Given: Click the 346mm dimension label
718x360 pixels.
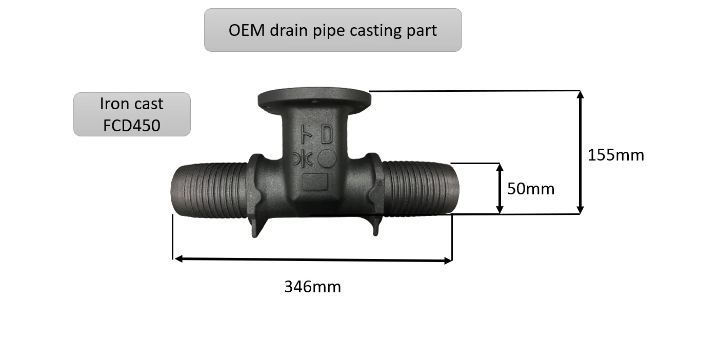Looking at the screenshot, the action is point(312,286).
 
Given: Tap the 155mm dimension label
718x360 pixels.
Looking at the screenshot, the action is point(615,155).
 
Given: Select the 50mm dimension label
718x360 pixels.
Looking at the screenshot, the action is point(531,189).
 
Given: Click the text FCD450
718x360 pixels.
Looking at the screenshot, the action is point(132,125).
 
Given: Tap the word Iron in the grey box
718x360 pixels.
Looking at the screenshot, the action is point(114,104).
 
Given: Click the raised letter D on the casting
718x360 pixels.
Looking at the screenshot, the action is point(326,135).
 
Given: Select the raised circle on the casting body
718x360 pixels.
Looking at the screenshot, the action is point(327,159).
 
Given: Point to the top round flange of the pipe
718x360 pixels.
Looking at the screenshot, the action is point(314,98).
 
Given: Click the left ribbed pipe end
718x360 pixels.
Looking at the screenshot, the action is point(208,190).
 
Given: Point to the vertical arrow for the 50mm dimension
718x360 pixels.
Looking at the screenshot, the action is point(500,188).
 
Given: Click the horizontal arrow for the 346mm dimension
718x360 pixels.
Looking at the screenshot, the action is point(313,259).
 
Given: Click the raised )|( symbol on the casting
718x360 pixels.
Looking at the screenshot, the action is point(302,159).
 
